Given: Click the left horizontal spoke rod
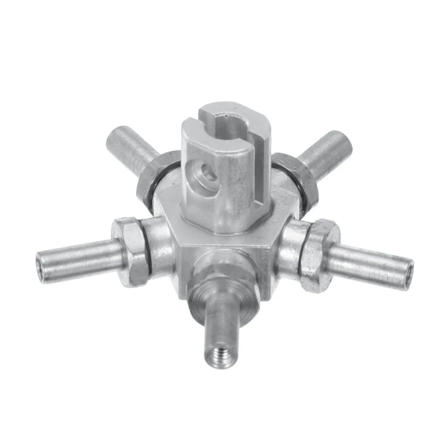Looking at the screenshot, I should click(78, 260).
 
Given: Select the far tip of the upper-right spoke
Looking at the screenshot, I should click(340, 139).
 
